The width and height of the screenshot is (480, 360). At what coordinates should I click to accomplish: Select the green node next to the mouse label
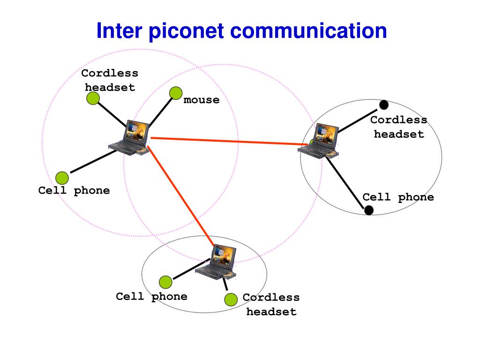click(x=176, y=93)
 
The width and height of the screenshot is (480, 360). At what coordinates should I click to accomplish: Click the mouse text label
click(x=202, y=100)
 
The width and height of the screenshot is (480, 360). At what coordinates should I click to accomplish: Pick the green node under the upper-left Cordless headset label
click(x=93, y=98)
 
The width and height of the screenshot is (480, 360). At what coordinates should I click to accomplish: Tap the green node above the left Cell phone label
click(x=62, y=178)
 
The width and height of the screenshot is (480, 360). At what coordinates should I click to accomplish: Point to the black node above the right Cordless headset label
click(x=384, y=105)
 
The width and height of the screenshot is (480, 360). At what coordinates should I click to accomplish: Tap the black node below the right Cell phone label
click(x=369, y=210)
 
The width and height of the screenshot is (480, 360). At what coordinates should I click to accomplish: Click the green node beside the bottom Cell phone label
click(x=165, y=282)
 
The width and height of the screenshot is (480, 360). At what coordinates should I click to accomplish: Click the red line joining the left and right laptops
click(x=225, y=141)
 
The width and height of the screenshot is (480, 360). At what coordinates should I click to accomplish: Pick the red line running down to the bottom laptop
click(x=180, y=195)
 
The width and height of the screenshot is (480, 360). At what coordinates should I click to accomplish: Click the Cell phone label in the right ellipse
click(x=398, y=197)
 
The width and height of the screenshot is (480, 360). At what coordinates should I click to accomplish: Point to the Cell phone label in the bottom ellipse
click(x=151, y=297)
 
